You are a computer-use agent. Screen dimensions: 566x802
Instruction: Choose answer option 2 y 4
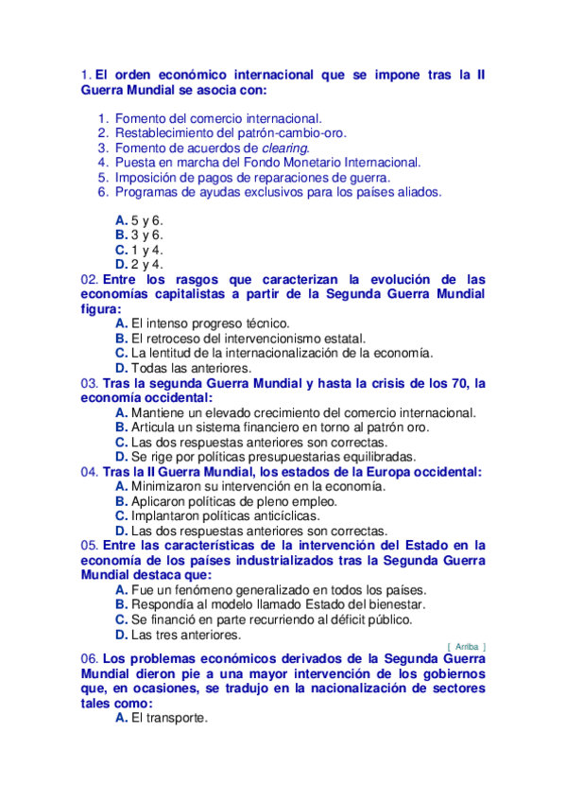pos(146,265)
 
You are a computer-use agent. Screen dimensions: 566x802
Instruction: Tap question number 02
pos(90,280)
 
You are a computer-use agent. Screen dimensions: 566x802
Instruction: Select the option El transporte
pos(168,719)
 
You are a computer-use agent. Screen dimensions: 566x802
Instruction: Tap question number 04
pos(90,471)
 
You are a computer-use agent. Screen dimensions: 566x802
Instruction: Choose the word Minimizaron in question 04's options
pos(169,486)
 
